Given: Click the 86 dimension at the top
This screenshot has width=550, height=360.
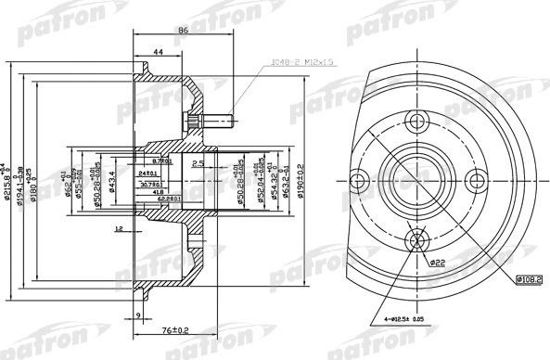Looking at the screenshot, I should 182,31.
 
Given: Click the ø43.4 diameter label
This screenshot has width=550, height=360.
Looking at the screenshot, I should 111,181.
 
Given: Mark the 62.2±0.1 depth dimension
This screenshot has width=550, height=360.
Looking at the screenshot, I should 168,198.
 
